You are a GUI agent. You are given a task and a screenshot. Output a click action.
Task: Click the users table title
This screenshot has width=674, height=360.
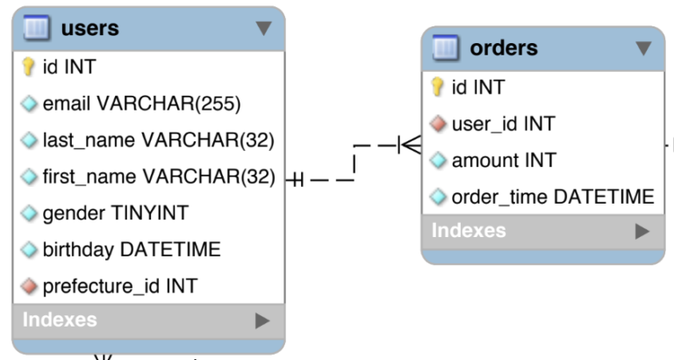point(90,28)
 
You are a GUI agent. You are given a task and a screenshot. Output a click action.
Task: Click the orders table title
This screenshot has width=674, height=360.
point(504,47)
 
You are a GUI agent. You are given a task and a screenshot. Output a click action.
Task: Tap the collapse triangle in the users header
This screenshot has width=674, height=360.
point(263,29)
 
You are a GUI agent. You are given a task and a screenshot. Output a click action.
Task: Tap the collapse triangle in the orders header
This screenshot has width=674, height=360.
point(644,48)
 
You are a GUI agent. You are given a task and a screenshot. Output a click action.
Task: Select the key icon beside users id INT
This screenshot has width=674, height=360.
point(28,67)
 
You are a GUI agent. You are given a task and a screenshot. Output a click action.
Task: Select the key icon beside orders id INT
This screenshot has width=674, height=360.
point(438,87)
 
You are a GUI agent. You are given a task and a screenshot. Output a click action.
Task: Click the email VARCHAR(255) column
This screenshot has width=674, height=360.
point(141,104)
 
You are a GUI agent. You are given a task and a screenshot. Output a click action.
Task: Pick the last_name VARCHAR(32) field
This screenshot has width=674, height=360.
point(158,140)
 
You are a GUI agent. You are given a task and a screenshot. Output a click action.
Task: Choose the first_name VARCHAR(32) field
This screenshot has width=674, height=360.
point(159,176)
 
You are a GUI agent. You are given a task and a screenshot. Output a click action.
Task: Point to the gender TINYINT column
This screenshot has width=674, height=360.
point(115,213)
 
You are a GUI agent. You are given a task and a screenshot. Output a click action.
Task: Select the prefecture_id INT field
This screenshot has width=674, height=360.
point(119,286)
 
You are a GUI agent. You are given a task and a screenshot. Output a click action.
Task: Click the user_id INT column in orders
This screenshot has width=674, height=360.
point(503,124)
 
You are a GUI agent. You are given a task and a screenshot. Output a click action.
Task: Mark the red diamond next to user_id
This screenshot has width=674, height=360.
point(438,124)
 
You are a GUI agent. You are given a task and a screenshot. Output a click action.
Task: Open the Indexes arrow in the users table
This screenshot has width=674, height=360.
point(262,320)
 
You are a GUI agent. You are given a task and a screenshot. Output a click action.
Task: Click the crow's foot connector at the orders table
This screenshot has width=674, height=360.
point(410,144)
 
